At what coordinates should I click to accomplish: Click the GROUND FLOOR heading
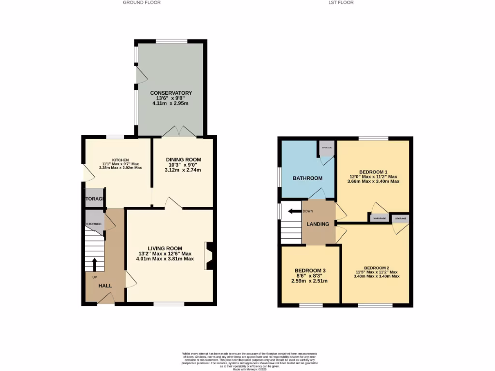click(141, 2)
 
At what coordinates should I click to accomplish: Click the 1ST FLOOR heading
click(341, 2)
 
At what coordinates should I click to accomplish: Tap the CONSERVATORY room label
click(171, 93)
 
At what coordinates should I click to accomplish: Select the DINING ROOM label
click(183, 159)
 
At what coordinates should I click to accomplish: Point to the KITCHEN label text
click(120, 159)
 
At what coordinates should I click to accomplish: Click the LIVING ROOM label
click(165, 248)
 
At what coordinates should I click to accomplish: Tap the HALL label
click(105, 285)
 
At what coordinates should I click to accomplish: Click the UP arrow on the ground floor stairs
click(94, 265)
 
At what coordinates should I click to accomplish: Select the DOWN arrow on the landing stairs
click(293, 211)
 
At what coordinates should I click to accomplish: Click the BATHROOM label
click(307, 178)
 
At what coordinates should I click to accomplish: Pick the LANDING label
click(318, 224)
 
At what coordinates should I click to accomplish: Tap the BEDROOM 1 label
click(373, 172)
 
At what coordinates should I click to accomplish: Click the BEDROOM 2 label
click(377, 268)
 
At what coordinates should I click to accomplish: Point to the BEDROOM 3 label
click(309, 271)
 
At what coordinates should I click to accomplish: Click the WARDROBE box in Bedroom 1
click(379, 218)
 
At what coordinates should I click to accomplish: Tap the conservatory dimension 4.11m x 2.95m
click(171, 103)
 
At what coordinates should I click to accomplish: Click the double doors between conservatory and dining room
click(179, 132)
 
